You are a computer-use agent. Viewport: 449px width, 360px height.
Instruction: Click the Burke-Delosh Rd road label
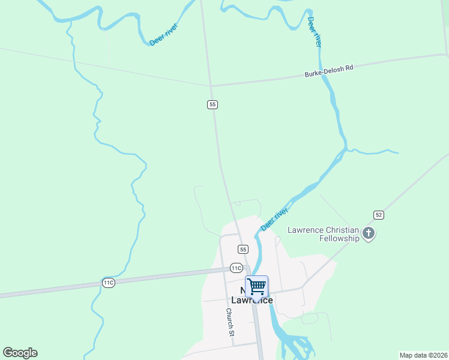point(329,71)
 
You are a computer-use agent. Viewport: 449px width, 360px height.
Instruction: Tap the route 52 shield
point(378,214)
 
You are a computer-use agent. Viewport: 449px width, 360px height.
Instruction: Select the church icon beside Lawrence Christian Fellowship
point(369,234)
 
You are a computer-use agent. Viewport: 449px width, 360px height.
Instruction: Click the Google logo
point(20,353)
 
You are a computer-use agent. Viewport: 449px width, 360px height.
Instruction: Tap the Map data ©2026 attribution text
point(423,355)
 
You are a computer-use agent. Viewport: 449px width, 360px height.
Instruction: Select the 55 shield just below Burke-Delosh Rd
point(212,104)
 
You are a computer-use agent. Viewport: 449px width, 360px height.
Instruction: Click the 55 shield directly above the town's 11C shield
point(243,249)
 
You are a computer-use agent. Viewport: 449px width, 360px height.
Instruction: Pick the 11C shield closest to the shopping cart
point(237,268)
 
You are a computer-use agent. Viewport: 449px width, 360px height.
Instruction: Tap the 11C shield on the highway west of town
point(108,283)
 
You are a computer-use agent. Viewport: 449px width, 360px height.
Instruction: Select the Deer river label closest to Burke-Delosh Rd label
point(315,32)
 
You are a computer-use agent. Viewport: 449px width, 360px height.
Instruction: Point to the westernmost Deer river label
point(163,35)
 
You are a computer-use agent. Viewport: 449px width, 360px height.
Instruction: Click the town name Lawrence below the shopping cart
point(252,300)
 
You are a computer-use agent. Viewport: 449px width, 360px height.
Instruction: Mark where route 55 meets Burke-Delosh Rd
point(211,85)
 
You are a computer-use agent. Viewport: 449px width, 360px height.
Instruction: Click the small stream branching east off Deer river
point(375,151)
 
